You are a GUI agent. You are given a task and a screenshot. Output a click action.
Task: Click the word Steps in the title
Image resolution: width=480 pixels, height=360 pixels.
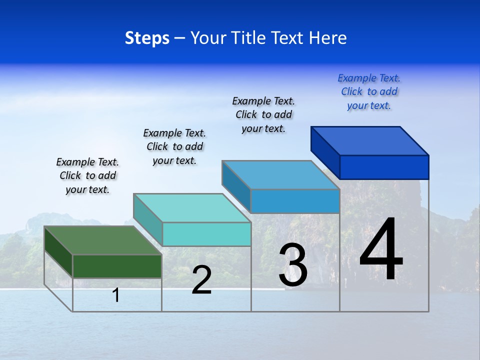(147, 38)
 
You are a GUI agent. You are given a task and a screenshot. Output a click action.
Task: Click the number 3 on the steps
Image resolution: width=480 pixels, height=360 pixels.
(293, 265)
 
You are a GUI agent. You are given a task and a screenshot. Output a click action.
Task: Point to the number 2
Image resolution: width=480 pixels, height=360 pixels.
(202, 280)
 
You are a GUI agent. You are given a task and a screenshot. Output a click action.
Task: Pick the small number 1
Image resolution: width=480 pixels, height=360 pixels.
(116, 295)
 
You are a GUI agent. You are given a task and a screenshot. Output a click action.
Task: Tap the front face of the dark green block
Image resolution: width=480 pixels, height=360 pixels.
(117, 266)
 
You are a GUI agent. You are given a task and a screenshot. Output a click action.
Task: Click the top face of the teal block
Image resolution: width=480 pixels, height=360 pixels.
(192, 208)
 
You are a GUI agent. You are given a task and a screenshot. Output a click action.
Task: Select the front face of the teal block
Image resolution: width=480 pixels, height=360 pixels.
(206, 234)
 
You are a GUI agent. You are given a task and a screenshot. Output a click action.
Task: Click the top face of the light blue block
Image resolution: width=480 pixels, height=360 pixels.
(280, 175)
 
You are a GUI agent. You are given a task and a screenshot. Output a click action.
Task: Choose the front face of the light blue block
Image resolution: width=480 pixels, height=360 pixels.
(295, 201)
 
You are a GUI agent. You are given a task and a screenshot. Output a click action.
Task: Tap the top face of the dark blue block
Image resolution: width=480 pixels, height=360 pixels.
(369, 141)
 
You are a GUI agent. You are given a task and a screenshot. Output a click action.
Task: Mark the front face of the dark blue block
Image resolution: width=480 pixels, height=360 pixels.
(384, 167)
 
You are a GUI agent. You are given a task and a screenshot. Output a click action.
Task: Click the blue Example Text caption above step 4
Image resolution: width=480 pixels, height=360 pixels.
(369, 92)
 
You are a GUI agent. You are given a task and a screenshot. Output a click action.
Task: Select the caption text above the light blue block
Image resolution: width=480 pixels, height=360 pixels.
(263, 114)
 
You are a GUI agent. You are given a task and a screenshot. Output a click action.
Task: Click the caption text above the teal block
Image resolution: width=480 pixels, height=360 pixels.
(174, 146)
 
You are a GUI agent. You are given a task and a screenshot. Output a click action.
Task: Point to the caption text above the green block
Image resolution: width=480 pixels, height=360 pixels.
(87, 175)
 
